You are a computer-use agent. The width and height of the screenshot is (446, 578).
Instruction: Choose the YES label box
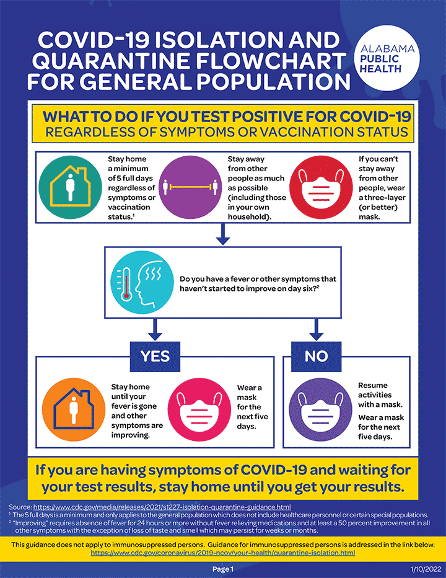tap(155, 356)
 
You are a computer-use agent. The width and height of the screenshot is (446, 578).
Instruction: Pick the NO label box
tap(315, 356)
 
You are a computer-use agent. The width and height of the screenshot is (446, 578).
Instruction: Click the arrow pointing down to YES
tap(155, 329)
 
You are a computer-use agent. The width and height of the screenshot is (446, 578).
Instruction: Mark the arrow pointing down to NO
tap(315, 329)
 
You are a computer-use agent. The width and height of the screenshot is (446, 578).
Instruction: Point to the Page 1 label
tap(223, 569)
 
